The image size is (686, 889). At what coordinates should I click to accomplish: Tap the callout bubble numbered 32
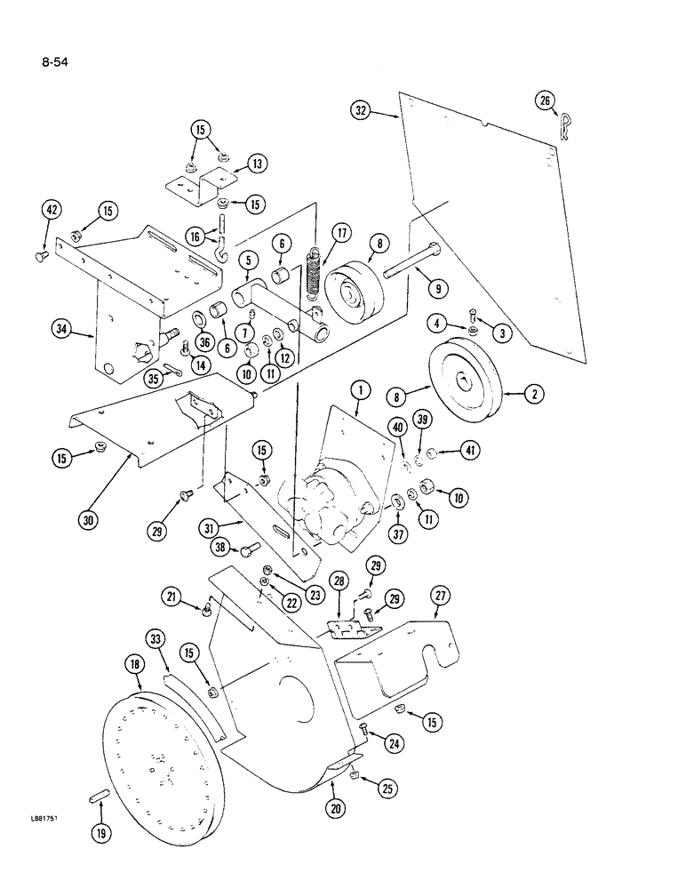click(x=360, y=112)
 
